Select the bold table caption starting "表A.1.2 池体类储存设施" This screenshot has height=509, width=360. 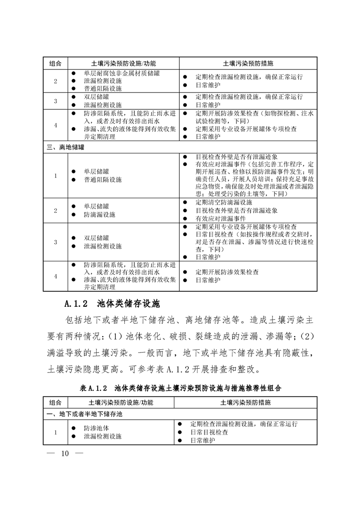180,388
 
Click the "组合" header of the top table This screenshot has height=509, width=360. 55,63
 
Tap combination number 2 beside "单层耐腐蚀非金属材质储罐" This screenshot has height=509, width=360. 55,82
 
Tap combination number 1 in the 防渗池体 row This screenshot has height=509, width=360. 55,432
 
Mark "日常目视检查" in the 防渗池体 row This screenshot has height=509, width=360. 209,432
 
